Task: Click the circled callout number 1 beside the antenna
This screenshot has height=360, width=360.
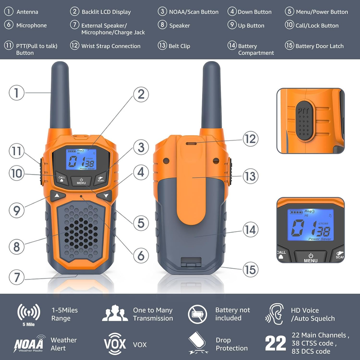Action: point(17,93)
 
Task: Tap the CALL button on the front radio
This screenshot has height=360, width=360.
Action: point(62,178)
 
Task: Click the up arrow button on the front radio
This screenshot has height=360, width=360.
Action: point(58,196)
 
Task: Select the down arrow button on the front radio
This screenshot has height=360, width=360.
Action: point(105,196)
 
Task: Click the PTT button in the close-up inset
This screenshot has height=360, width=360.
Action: point(304,121)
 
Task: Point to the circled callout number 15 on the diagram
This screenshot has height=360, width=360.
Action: point(251,269)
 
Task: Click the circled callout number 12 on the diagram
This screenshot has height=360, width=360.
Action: point(251,139)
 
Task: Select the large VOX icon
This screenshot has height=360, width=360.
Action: point(115,344)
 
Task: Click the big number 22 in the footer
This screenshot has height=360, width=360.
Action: point(275,343)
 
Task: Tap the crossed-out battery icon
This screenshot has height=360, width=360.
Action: point(197,314)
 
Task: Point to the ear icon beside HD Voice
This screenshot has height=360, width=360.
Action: point(274,314)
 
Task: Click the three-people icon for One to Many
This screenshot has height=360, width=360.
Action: point(115,313)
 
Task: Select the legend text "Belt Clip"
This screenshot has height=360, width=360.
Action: point(179,46)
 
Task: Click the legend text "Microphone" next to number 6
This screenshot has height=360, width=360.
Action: point(31,26)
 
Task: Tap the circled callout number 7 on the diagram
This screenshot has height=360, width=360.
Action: point(17,277)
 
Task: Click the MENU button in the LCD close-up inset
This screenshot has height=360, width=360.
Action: point(310,257)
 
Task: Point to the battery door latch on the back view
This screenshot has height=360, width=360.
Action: point(191,262)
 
